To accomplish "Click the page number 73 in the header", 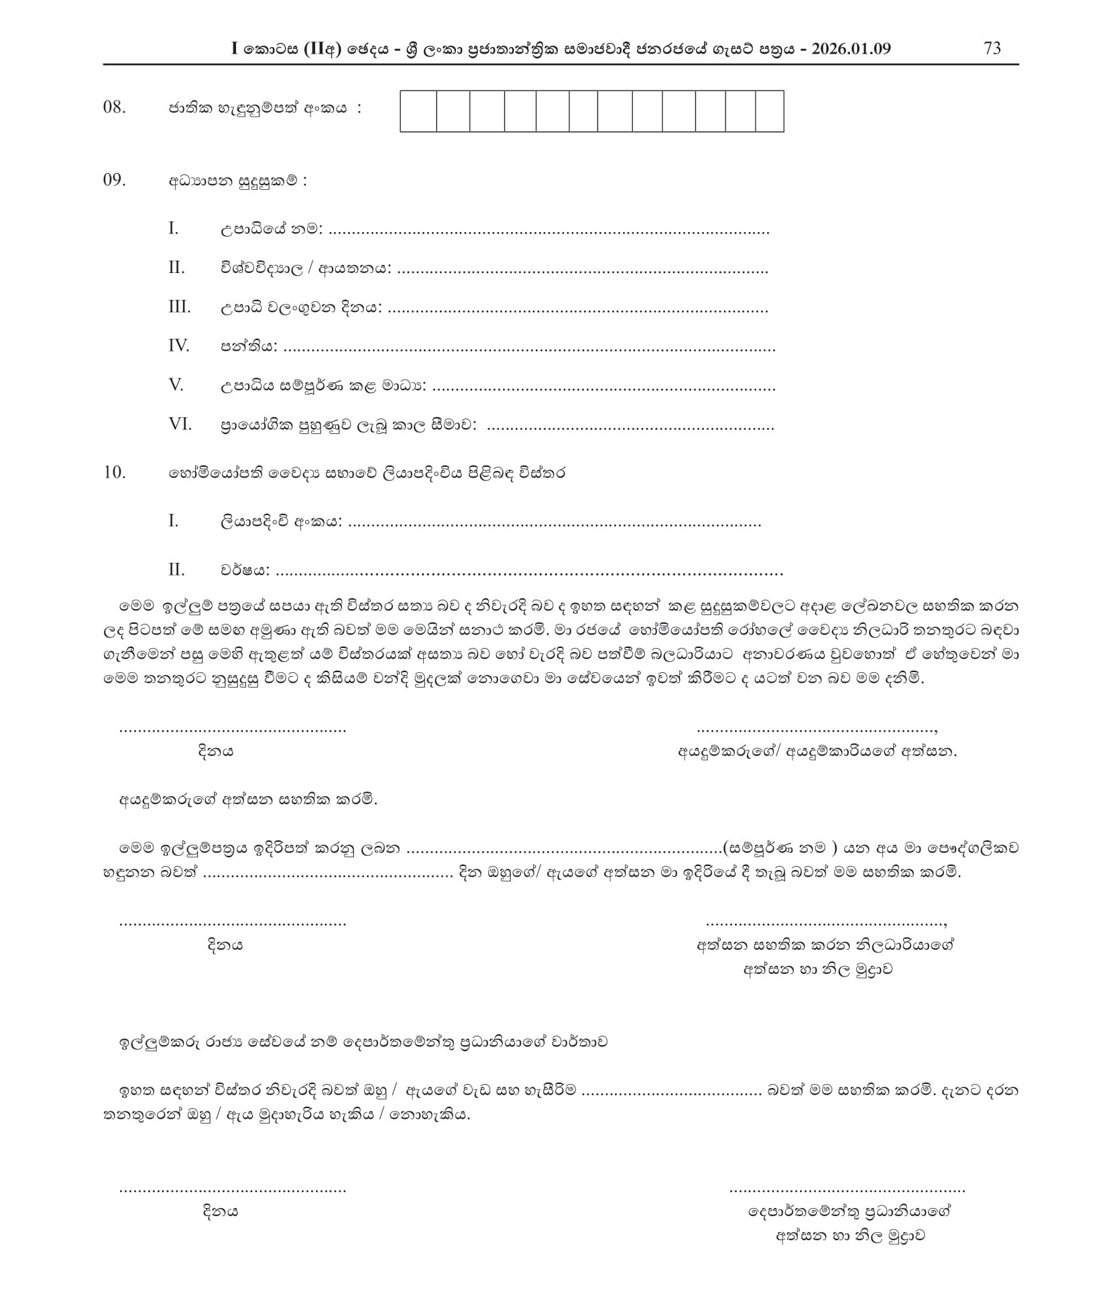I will [x=992, y=48].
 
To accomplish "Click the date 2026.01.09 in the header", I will [x=850, y=48].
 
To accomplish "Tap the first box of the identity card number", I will [x=418, y=111].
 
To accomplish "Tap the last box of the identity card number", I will [x=769, y=111].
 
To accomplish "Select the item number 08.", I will [x=115, y=107].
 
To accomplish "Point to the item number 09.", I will [x=115, y=180].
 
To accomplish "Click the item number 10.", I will [x=115, y=472].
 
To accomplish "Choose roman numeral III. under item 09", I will [x=179, y=307].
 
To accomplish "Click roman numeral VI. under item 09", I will [x=180, y=424].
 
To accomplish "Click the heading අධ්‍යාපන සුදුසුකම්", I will [x=237, y=180].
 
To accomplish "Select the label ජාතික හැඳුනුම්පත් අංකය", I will [x=258, y=108].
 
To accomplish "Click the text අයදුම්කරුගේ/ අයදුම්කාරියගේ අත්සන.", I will [x=817, y=751].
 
